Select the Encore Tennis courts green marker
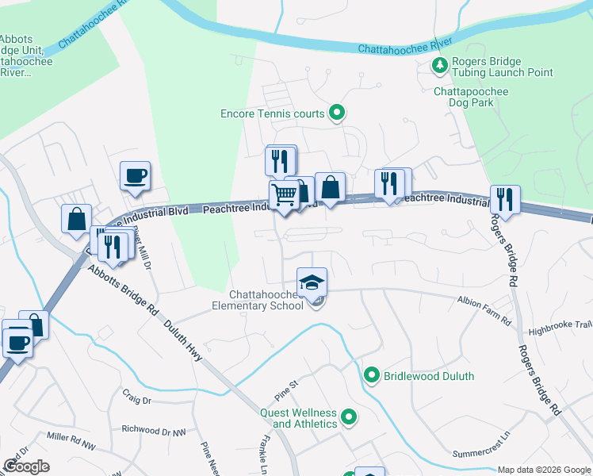point(337,113)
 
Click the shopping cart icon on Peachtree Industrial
point(284,194)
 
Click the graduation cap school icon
point(312,282)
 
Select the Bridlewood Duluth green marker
point(371,375)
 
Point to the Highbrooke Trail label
point(560,327)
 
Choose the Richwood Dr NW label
point(153,429)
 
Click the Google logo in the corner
point(26,466)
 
